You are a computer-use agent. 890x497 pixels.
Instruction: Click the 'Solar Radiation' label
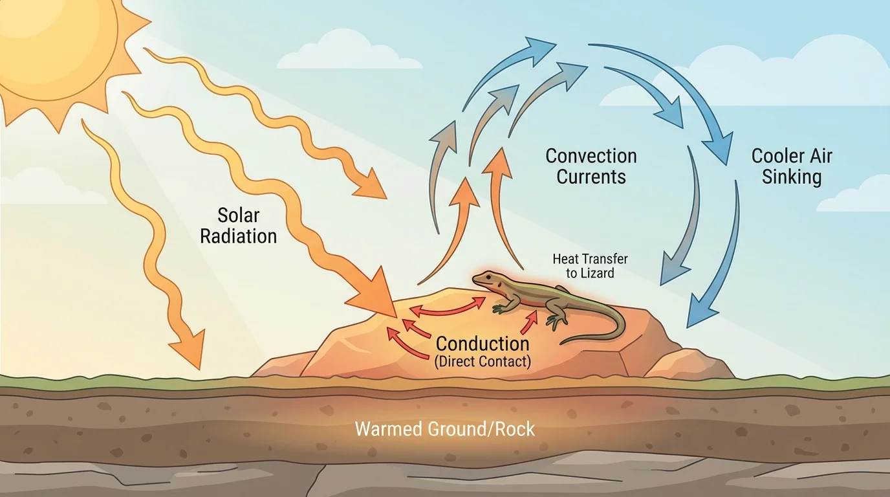pos(238,225)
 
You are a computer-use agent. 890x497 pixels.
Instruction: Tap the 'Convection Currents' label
pos(591,166)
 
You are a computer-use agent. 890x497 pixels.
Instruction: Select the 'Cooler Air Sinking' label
pos(791,166)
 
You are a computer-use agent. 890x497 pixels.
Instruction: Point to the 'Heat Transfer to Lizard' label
pos(589,266)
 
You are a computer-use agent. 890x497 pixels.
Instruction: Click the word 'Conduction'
pos(483,344)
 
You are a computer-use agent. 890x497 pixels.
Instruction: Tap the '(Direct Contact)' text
pos(483,362)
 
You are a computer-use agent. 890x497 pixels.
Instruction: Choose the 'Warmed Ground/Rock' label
pos(444,428)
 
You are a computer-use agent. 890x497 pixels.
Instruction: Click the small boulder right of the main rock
pos(689,365)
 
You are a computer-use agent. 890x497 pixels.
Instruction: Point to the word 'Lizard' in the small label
pos(598,273)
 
